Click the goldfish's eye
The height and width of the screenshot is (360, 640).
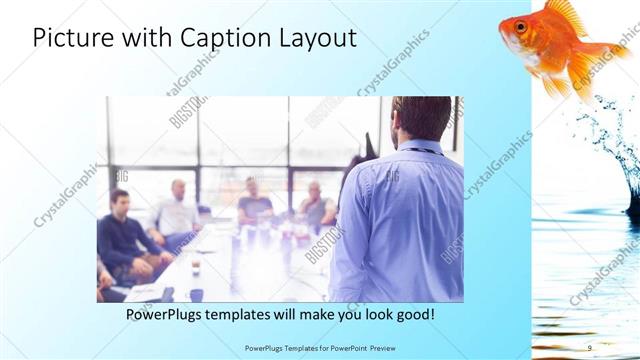[x=520, y=26]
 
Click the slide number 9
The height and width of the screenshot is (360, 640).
[x=589, y=347]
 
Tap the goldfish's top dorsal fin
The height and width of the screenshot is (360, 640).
[x=566, y=12]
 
